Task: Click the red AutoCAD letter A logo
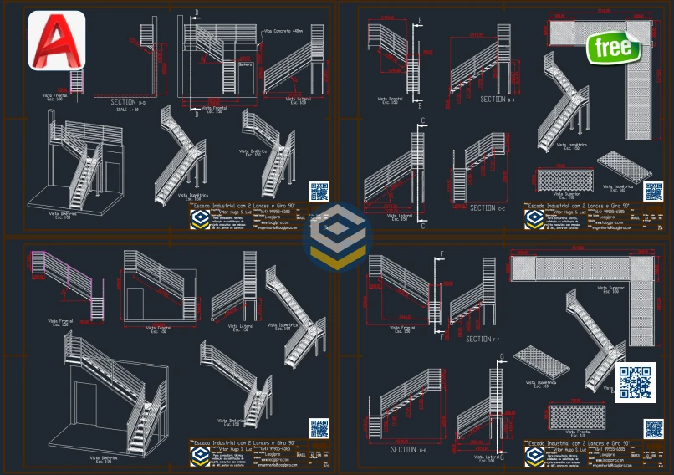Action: click(56, 39)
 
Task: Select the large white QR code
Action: click(636, 382)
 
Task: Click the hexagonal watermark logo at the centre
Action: click(337, 238)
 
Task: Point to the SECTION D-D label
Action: click(128, 102)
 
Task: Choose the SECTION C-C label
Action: click(483, 207)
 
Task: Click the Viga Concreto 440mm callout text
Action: click(283, 31)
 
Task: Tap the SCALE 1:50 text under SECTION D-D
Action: click(128, 110)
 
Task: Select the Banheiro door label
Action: click(245, 64)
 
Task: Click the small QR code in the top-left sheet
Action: click(319, 191)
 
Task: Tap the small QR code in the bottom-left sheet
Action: click(319, 428)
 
